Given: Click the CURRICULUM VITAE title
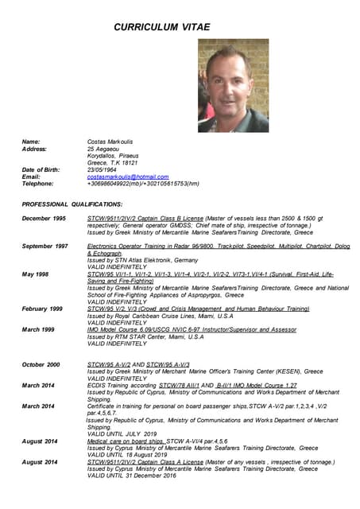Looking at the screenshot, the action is [161, 27].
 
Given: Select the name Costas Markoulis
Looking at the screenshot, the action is [111, 142].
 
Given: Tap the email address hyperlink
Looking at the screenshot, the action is [128, 177].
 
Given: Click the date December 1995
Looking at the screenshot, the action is [44, 218].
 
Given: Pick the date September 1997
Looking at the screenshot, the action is [45, 246].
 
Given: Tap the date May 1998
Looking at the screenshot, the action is [35, 274].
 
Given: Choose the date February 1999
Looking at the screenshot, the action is [41, 309].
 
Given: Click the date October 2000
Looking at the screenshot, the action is [41, 364].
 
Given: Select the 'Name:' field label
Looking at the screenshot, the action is [30, 142].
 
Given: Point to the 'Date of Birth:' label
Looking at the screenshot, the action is [41, 169].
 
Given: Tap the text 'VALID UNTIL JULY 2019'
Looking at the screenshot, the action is [124, 433].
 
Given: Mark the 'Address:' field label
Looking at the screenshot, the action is [34, 149].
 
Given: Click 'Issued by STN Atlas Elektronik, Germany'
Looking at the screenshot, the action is [142, 260].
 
